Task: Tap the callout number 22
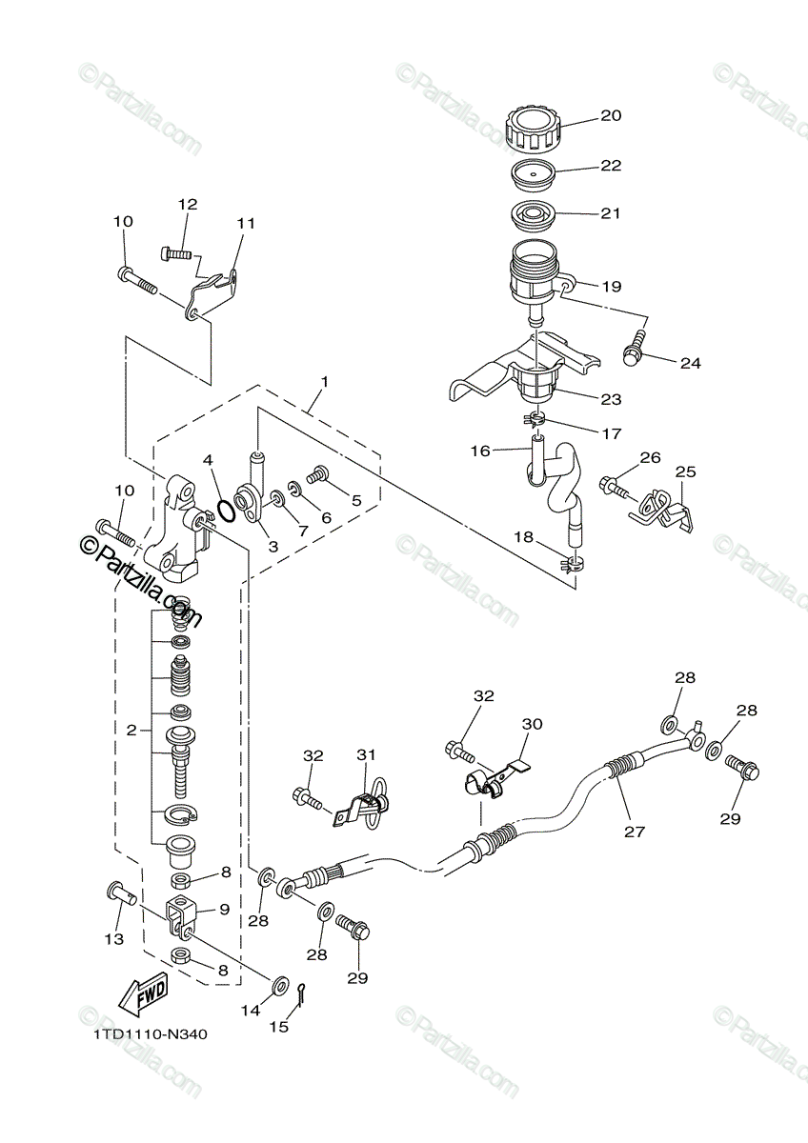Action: (x=610, y=165)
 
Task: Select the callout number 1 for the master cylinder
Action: (x=324, y=382)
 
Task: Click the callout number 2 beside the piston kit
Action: (x=131, y=731)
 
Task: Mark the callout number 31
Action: (x=368, y=755)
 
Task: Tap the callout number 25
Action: (x=686, y=471)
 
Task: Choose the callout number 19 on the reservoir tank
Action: (x=610, y=285)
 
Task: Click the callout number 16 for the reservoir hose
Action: (x=482, y=450)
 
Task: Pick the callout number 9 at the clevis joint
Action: (x=225, y=909)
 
